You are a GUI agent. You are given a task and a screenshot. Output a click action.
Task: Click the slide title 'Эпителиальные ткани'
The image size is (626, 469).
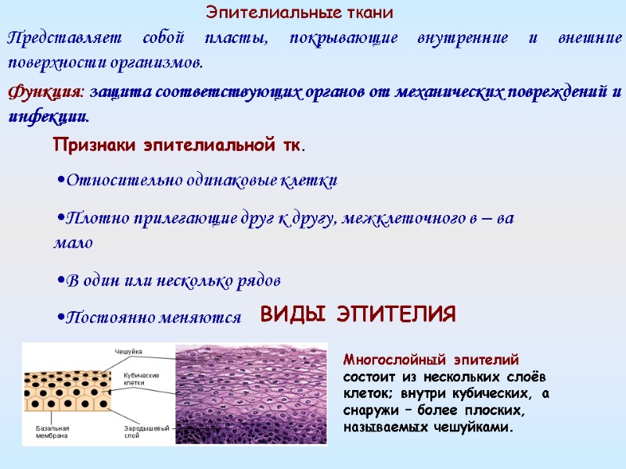[300, 13]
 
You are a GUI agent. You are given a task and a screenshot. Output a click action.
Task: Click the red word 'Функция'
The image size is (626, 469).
[44, 92]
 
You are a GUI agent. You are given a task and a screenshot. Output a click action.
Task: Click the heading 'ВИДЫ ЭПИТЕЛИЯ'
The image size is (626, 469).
[358, 315]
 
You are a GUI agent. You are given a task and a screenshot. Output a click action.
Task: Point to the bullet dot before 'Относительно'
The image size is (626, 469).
[61, 181]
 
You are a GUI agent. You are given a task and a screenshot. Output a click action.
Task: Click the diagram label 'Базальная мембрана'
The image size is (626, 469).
[53, 432]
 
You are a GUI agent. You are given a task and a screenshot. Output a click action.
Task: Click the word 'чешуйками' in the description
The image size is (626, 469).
[476, 428]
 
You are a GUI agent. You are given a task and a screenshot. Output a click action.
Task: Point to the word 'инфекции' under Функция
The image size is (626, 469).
[48, 116]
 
